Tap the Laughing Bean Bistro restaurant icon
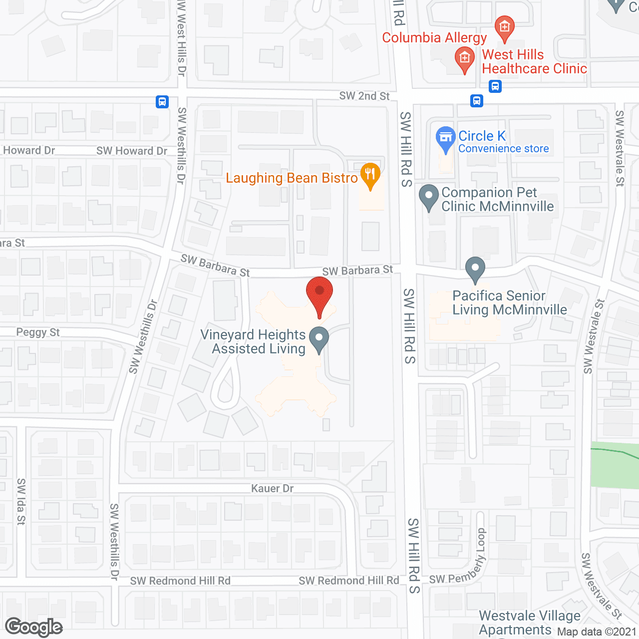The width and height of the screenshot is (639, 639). tap(370, 175)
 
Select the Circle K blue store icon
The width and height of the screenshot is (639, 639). tap(445, 138)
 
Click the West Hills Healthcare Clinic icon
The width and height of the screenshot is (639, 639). tap(465, 59)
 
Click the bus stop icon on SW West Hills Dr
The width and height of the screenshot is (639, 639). tap(162, 102)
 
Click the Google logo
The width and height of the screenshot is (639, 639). tap(34, 627)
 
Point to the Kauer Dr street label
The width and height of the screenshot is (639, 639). tap(272, 488)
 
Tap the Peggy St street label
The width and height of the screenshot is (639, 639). tap(38, 332)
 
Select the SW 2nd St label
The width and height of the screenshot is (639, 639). tap(364, 96)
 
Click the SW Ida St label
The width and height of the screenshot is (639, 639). tap(21, 501)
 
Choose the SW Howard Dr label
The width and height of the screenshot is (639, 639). tap(132, 151)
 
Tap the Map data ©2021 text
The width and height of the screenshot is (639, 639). tap(597, 632)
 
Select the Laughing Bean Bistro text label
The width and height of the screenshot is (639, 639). tap(292, 178)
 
